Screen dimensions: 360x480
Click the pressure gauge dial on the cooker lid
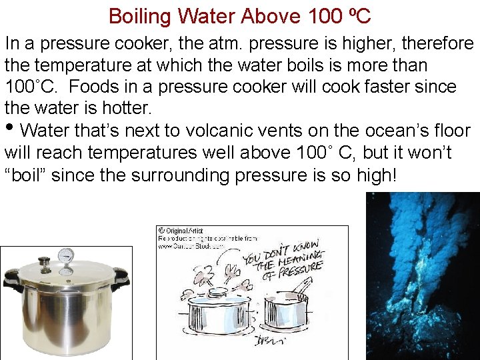point(67,255)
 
